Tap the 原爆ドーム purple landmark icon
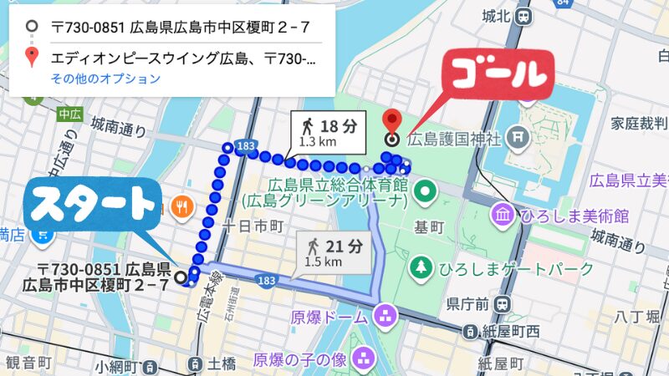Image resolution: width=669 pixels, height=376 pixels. pos(386,317)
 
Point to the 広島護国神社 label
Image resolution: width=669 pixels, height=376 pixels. pos(456,137)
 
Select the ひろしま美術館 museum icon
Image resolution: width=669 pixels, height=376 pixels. pos(503,216)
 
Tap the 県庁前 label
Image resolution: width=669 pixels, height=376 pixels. pos(467,302)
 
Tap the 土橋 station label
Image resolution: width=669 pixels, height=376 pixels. pos(222,363)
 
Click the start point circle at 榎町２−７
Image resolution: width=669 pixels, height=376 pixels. pos(181,277)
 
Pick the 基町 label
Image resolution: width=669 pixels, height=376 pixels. pos(427,227)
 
